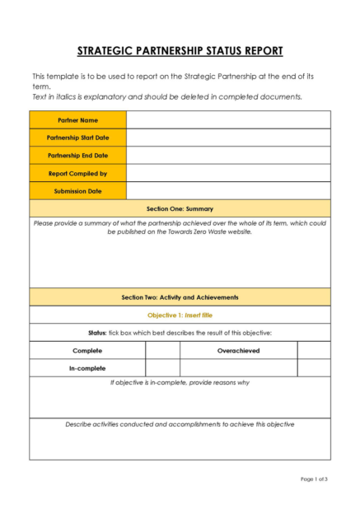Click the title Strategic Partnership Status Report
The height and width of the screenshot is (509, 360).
[180, 51]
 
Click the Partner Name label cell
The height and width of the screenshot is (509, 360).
[77, 120]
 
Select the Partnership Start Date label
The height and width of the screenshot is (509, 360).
[77, 138]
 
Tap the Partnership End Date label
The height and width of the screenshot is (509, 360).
[77, 155]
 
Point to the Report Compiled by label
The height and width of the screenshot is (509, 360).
[77, 173]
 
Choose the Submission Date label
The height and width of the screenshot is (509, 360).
[77, 190]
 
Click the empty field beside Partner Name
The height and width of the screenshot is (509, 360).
[228, 120]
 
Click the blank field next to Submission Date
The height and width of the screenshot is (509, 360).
[228, 190]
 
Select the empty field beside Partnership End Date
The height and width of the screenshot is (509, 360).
[228, 155]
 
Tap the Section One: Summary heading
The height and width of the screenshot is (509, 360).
[180, 208]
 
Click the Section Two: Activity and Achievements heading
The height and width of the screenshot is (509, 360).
[180, 297]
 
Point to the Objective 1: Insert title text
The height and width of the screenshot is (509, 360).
[180, 315]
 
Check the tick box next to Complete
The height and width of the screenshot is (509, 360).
[162, 350]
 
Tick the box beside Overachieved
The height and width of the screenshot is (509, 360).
[313, 350]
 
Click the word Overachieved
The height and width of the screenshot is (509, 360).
[238, 350]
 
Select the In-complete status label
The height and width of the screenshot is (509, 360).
[87, 368]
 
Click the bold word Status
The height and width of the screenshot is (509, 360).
[97, 333]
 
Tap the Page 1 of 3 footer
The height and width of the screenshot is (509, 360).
[314, 479]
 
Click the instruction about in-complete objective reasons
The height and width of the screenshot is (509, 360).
[180, 382]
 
